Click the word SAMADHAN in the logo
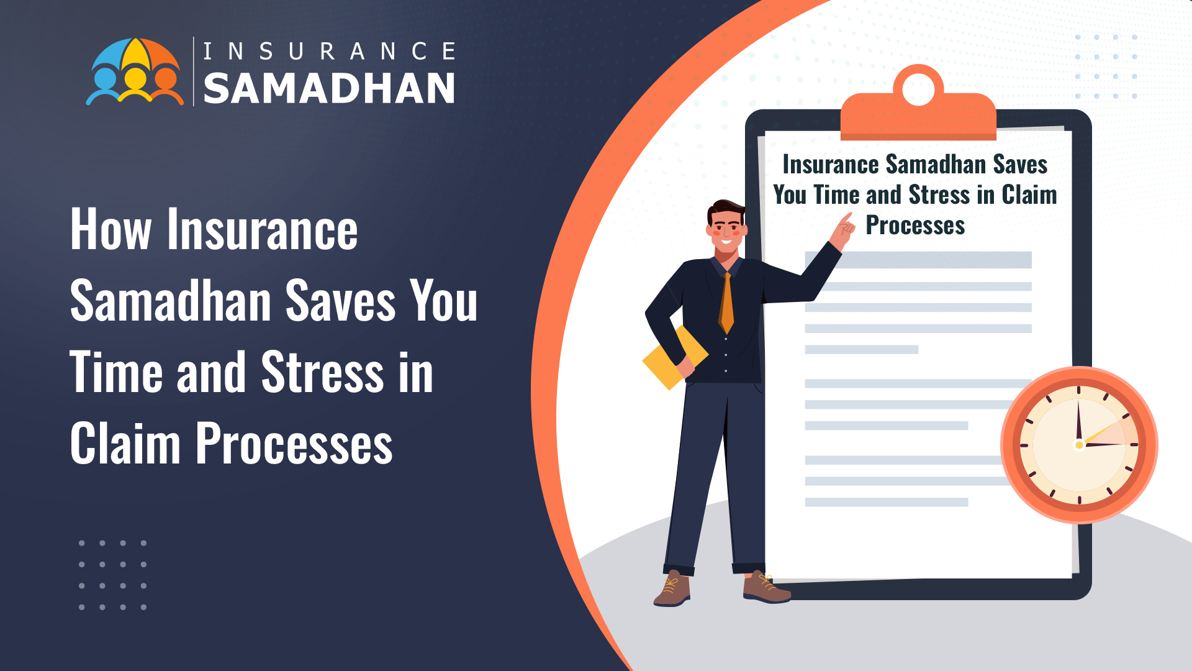tap(329, 88)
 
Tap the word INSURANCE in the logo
tap(330, 52)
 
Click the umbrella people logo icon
tap(135, 71)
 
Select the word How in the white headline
tap(111, 229)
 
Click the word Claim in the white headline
tap(125, 443)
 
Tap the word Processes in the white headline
tap(294, 443)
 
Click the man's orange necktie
tap(726, 303)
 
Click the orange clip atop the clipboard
tap(918, 104)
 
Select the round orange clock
tap(1079, 445)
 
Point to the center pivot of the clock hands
tap(1079, 445)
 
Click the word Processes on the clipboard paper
tap(915, 225)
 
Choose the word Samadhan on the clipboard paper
tap(936, 165)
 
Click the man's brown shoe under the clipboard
tap(767, 588)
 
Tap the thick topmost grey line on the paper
tap(918, 260)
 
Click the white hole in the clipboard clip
tap(918, 89)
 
